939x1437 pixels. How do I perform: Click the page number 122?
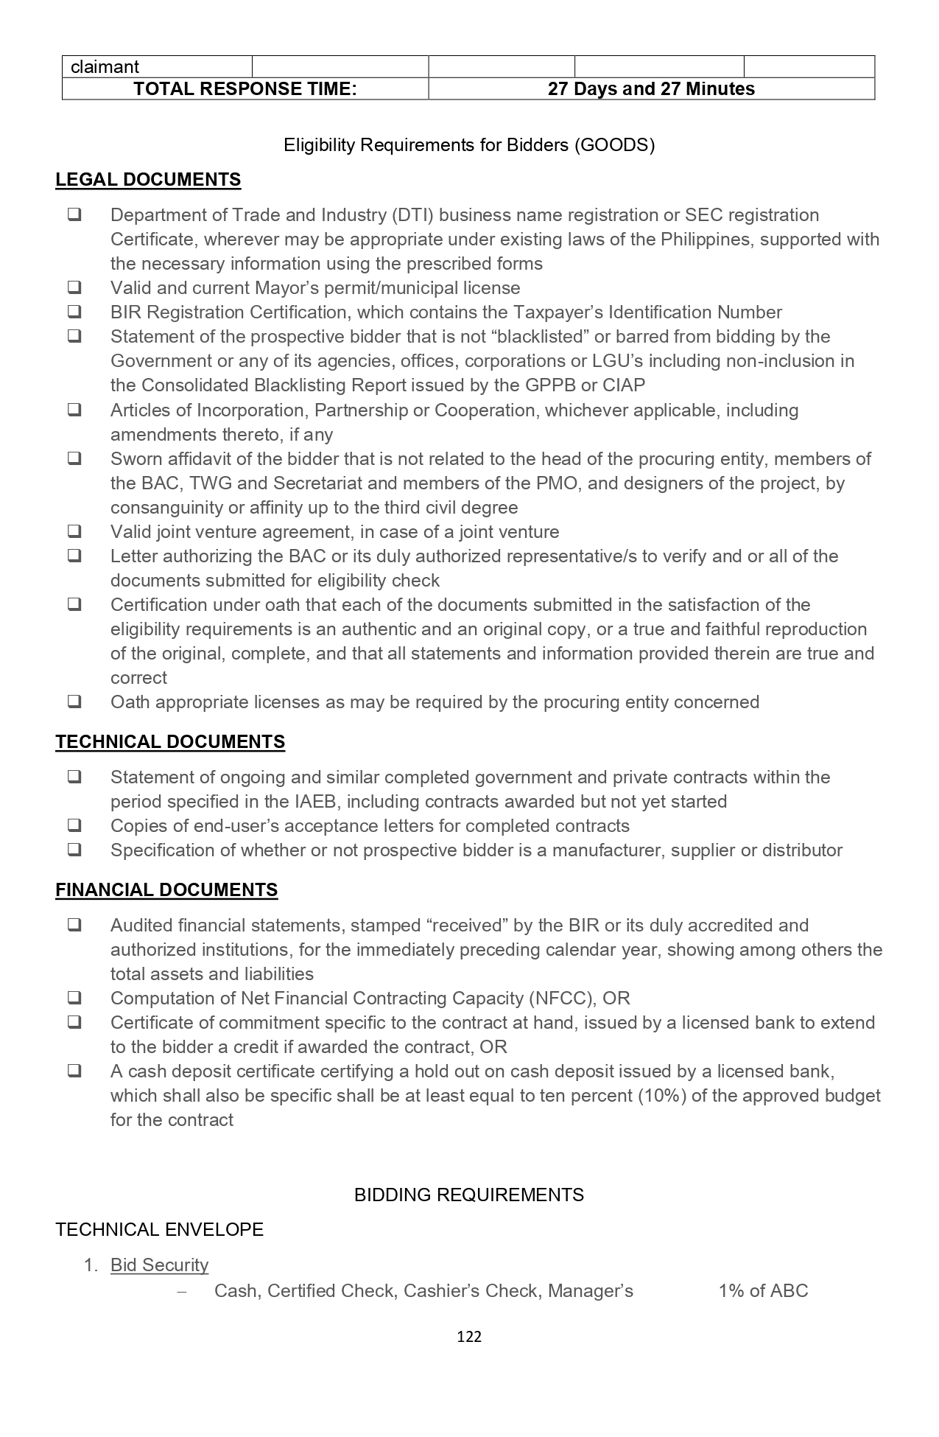pyautogui.click(x=469, y=1336)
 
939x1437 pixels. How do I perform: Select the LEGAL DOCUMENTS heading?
pyautogui.click(x=148, y=180)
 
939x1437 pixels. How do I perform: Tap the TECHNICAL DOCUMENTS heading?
pyautogui.click(x=170, y=741)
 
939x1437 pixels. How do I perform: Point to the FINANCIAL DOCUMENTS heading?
pyautogui.click(x=166, y=889)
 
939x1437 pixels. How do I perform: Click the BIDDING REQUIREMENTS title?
pyautogui.click(x=469, y=1195)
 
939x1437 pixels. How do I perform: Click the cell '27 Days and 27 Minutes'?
pyautogui.click(x=651, y=89)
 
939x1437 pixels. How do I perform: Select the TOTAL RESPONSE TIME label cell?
pyautogui.click(x=245, y=89)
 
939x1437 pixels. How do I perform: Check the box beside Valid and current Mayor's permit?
pyautogui.click(x=74, y=287)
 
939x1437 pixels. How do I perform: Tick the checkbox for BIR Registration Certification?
pyautogui.click(x=74, y=312)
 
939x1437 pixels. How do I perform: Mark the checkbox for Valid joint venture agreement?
pyautogui.click(x=74, y=531)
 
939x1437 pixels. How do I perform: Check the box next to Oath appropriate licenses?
pyautogui.click(x=74, y=702)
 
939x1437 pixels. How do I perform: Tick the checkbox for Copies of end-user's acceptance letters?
pyautogui.click(x=74, y=825)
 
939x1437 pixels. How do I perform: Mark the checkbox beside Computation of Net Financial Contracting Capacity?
pyautogui.click(x=74, y=998)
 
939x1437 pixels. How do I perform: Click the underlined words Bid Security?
pyautogui.click(x=159, y=1265)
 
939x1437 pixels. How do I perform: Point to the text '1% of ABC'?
pyautogui.click(x=763, y=1290)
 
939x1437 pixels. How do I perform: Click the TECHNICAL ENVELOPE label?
pyautogui.click(x=159, y=1229)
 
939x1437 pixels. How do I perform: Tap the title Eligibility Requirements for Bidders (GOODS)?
pyautogui.click(x=469, y=144)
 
